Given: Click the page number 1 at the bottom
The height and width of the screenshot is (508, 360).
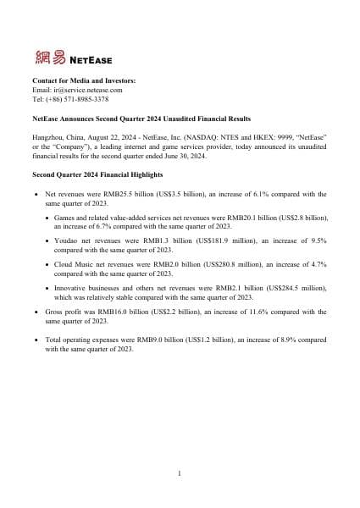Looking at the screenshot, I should point(180,472).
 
